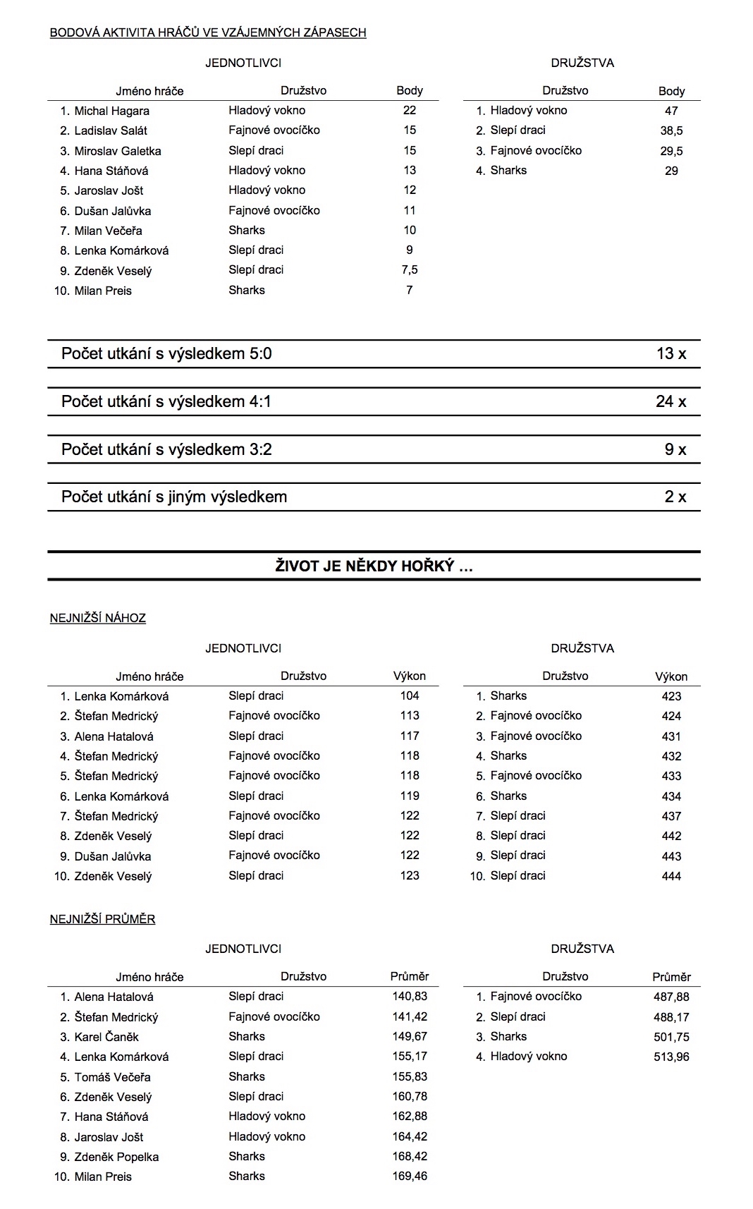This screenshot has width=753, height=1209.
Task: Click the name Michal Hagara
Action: point(111,111)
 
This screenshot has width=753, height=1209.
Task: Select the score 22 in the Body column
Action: point(409,110)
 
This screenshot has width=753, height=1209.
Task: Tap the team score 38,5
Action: point(671,130)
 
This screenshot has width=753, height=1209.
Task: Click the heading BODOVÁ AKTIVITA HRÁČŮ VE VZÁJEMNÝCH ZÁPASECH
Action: point(208,32)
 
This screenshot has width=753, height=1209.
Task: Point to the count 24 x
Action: point(671,401)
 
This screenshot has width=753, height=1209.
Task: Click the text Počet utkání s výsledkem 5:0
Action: point(166,353)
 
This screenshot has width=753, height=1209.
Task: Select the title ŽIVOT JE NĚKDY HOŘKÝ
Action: point(374,566)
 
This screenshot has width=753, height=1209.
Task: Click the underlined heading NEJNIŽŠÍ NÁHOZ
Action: point(98,618)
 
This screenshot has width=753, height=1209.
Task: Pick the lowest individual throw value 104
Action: point(409,695)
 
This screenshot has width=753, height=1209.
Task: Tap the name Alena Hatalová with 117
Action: point(114,736)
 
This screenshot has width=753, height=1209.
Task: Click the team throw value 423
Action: point(671,696)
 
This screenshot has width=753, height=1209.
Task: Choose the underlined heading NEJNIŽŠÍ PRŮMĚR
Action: point(102,919)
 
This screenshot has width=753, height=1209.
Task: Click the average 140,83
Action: point(409,997)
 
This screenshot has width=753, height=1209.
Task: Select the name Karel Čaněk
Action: point(106,1037)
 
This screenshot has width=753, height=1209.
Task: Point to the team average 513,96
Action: point(671,1057)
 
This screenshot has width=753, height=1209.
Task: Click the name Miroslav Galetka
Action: point(118,151)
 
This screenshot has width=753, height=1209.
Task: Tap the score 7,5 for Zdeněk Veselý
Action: point(409,270)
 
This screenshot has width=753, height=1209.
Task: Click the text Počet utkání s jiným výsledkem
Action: point(174,497)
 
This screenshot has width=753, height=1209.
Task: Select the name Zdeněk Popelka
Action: point(116,1157)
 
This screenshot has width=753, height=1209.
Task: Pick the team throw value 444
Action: point(671,876)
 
